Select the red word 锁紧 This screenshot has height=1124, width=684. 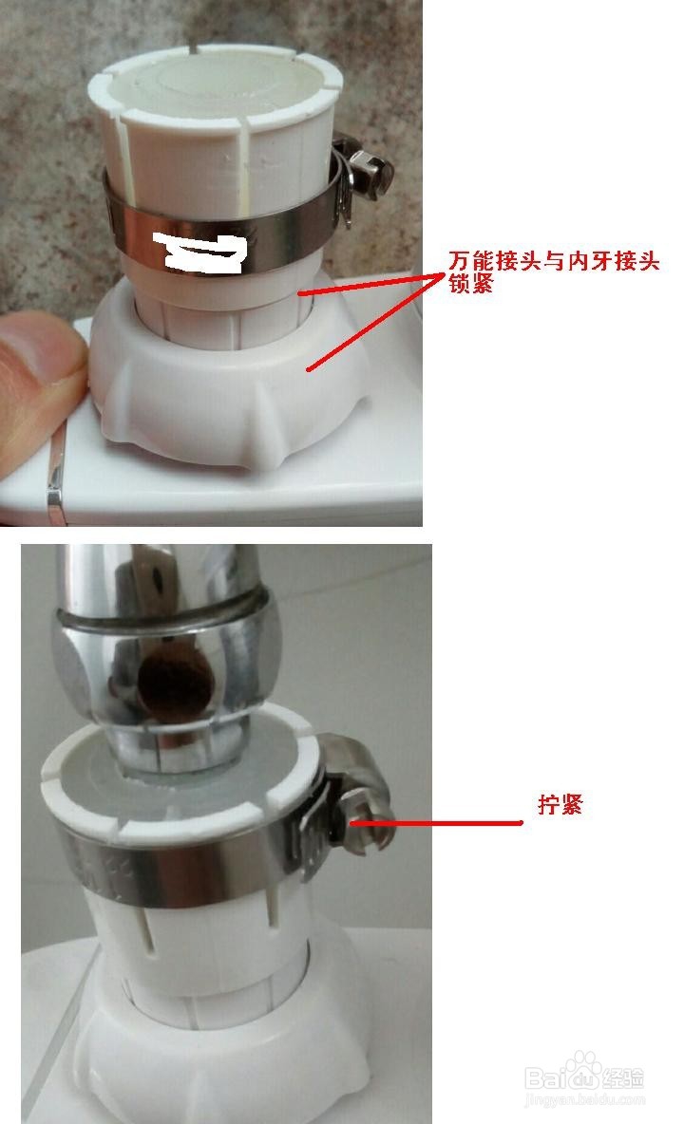[x=471, y=283]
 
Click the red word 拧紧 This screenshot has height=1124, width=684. [x=560, y=806]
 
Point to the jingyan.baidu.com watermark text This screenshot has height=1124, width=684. [x=583, y=1101]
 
